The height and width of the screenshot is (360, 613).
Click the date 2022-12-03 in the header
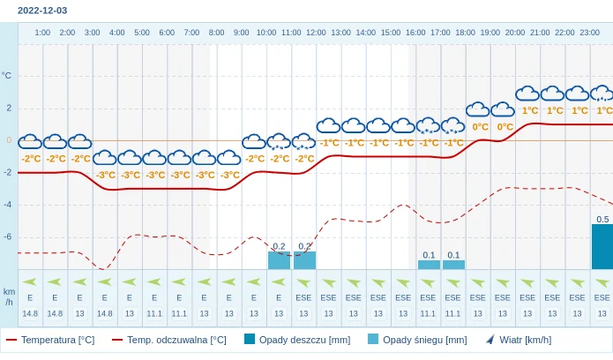(42, 11)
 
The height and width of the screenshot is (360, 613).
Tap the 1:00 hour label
(42, 33)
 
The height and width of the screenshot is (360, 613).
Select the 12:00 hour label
(316, 33)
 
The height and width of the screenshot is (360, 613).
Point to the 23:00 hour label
(590, 33)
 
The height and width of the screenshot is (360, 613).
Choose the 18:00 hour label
(465, 33)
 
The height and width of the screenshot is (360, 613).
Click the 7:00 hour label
(191, 33)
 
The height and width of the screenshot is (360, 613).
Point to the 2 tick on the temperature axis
(9, 108)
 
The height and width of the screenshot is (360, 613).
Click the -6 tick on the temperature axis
(7, 236)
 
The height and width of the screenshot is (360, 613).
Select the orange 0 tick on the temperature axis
(9, 140)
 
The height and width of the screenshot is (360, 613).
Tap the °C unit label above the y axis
(7, 76)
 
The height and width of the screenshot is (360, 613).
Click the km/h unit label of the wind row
(9, 296)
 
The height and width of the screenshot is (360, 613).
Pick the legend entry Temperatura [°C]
(50, 340)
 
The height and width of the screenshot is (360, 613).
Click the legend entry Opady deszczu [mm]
(297, 340)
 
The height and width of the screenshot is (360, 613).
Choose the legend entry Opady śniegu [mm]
(417, 340)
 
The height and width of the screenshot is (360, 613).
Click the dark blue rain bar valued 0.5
(602, 247)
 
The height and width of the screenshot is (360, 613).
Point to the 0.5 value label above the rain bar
(602, 219)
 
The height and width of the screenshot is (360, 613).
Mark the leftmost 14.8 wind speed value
(30, 313)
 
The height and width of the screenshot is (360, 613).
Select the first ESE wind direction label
(303, 297)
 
